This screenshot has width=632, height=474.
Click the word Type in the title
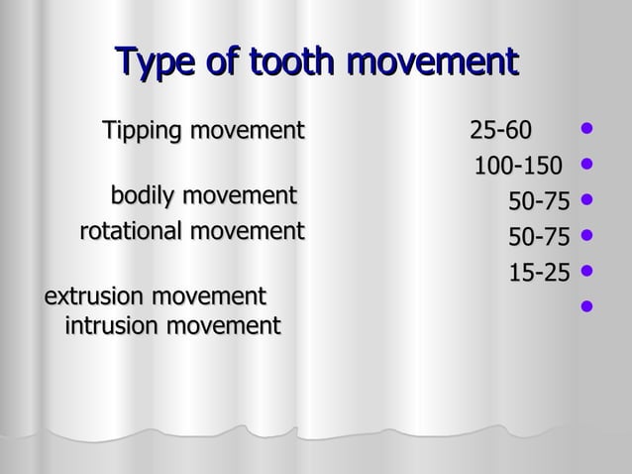(x=158, y=62)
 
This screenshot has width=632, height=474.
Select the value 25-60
(x=500, y=131)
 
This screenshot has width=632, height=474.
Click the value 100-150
(x=517, y=166)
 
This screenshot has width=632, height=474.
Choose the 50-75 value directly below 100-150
(x=539, y=202)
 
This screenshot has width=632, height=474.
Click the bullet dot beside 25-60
(x=587, y=128)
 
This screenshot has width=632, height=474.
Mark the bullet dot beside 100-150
(x=587, y=164)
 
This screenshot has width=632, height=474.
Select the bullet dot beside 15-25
(x=587, y=270)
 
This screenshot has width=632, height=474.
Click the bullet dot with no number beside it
(x=587, y=305)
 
